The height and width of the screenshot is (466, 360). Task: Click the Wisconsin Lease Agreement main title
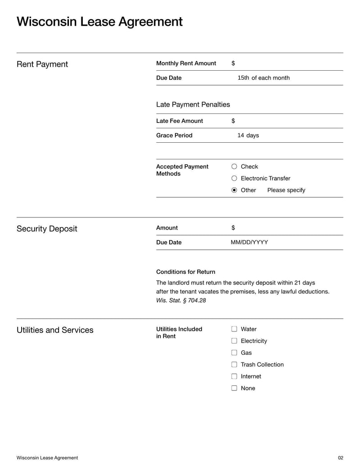pyautogui.click(x=99, y=22)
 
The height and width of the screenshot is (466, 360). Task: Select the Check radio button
pyautogui.click(x=234, y=167)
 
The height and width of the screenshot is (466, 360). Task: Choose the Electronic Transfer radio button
pyautogui.click(x=234, y=178)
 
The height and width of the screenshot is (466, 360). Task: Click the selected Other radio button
pyautogui.click(x=234, y=190)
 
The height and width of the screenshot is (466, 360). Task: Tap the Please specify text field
pyautogui.click(x=286, y=190)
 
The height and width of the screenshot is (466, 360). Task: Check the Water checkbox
pyautogui.click(x=234, y=329)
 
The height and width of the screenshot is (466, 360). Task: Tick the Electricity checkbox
pyautogui.click(x=234, y=341)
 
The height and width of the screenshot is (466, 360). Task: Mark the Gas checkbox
pyautogui.click(x=234, y=353)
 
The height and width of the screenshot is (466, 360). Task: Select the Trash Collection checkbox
pyautogui.click(x=234, y=364)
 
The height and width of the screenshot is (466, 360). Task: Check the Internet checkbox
pyautogui.click(x=234, y=376)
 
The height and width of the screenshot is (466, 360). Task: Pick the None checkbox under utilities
pyautogui.click(x=234, y=388)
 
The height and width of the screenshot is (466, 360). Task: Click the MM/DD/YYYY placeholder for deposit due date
pyautogui.click(x=249, y=242)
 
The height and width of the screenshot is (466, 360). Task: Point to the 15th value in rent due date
pyautogui.click(x=243, y=78)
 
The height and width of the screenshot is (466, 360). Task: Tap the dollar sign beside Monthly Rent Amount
pyautogui.click(x=233, y=63)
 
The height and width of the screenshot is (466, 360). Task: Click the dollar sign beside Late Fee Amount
pyautogui.click(x=233, y=121)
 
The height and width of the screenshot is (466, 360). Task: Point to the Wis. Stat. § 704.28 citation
pyautogui.click(x=181, y=300)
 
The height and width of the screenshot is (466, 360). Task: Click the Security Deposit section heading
pyautogui.click(x=47, y=229)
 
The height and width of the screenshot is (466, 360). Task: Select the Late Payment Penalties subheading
pyautogui.click(x=193, y=104)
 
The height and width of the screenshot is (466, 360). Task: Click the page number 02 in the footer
pyautogui.click(x=340, y=458)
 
